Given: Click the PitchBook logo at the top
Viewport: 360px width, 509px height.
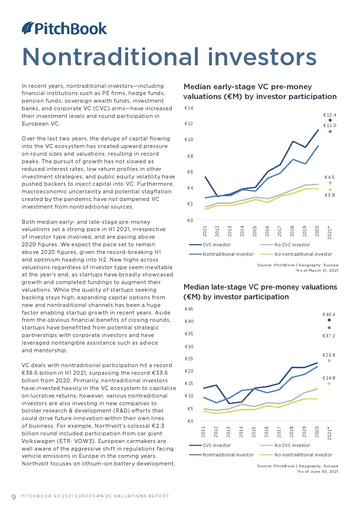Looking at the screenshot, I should point(64,28).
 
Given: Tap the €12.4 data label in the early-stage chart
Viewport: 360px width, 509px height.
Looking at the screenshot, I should point(330,115).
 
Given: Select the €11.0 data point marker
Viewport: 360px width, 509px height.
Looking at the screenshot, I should point(330,131).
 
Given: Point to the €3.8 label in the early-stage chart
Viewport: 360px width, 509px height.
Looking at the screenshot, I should point(330,195).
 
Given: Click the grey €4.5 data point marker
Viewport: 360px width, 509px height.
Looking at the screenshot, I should point(330,183).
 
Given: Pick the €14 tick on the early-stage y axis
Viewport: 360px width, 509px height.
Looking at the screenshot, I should point(189,108).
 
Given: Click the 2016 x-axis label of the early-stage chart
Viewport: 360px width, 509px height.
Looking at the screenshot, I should point(267,231).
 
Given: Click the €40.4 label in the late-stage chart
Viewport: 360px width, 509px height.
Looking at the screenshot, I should point(329,315).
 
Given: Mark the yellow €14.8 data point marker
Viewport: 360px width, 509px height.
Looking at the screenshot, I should point(329,383).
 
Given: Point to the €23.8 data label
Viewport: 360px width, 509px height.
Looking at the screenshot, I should point(329,355).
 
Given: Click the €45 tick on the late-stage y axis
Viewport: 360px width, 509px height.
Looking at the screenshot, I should point(189,309).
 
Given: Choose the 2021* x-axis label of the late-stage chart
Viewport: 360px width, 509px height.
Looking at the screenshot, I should point(330,433).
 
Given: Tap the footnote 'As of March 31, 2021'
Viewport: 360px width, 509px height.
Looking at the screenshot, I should point(317,271).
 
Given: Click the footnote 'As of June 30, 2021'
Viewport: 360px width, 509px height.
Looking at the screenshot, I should point(318,471).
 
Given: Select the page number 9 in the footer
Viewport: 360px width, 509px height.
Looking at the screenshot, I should point(14,497).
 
